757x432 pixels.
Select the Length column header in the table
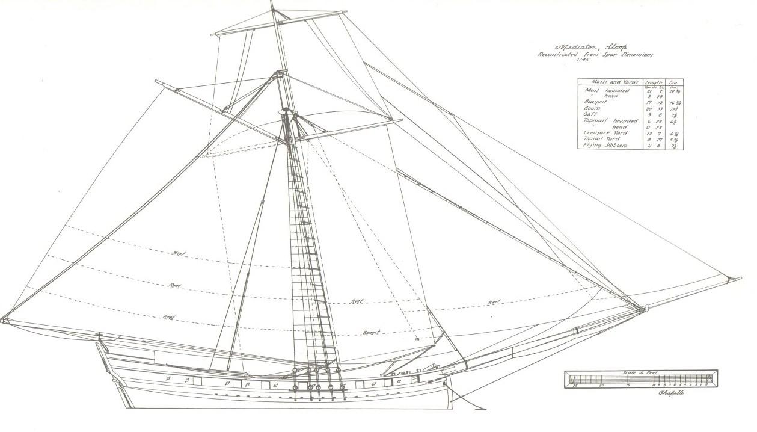pyautogui.click(x=654, y=82)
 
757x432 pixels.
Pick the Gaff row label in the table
pyautogui.click(x=590, y=114)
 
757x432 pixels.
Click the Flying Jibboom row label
pyautogui.click(x=604, y=145)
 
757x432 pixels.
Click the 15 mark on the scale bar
pyautogui.click(x=628, y=384)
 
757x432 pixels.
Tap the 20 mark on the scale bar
pyautogui.click(x=602, y=384)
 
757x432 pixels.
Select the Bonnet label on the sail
pyautogui.click(x=372, y=332)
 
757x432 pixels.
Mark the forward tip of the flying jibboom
pyautogui.click(x=740, y=279)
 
